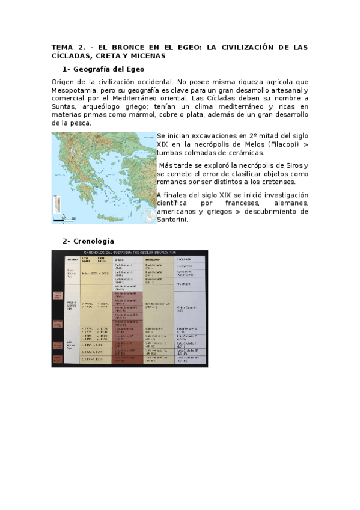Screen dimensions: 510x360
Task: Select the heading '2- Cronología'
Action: coord(88,241)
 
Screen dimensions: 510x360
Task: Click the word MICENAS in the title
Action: coord(145,55)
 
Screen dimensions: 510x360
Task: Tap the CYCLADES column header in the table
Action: coord(184,259)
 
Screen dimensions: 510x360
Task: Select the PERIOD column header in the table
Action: coord(72,259)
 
